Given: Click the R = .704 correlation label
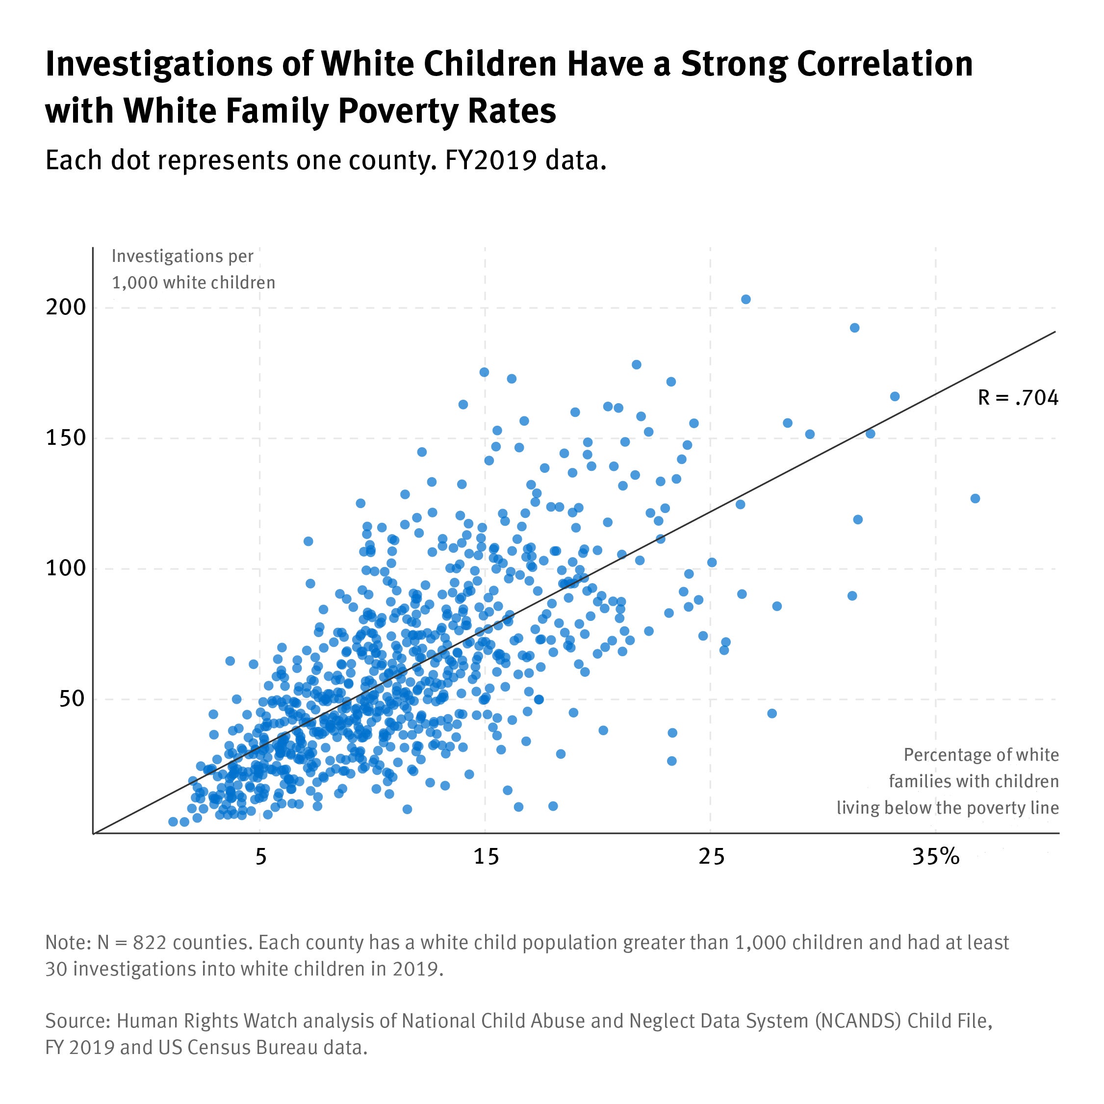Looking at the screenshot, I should (x=1018, y=398).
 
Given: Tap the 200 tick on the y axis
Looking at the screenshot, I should (x=66, y=308).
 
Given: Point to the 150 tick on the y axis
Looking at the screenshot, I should (x=66, y=438).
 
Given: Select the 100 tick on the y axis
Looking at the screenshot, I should (x=66, y=568).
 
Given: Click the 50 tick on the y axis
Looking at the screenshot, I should (x=72, y=698).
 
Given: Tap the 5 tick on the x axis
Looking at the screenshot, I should (x=260, y=857).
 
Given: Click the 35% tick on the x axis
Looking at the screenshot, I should (x=935, y=857).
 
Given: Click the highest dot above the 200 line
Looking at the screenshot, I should (x=745, y=300).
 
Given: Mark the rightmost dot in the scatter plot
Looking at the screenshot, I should (x=975, y=498).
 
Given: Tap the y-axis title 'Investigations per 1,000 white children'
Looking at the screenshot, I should (x=193, y=269).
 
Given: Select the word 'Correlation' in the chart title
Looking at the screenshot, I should (x=884, y=63).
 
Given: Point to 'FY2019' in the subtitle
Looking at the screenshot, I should (x=490, y=160).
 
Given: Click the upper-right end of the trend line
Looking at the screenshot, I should (x=1054, y=332).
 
